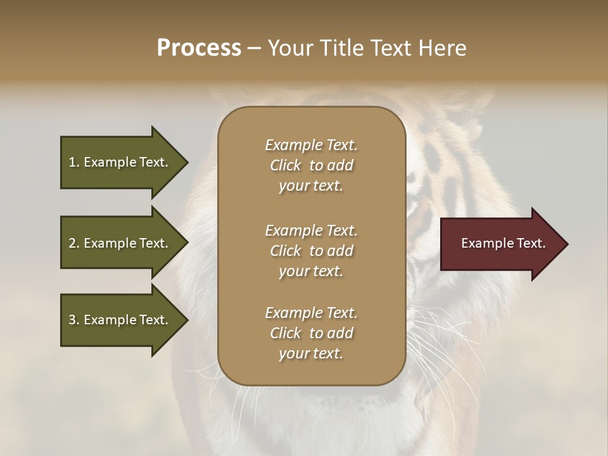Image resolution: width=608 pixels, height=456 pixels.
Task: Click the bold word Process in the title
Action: tap(199, 48)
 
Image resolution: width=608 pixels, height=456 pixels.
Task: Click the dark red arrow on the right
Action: tap(500, 244)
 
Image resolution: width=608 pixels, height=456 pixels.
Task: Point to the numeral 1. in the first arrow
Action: tap(74, 162)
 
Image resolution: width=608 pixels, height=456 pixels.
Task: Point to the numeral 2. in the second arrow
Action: tap(74, 243)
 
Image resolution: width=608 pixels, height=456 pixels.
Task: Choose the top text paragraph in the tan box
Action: tap(311, 165)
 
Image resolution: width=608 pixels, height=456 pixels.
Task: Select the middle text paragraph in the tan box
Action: tap(311, 251)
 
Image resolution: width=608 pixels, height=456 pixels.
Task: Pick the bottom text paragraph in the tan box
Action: tap(311, 333)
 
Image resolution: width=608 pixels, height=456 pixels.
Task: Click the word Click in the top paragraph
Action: tap(285, 166)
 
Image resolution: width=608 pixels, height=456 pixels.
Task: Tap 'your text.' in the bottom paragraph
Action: tap(311, 353)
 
